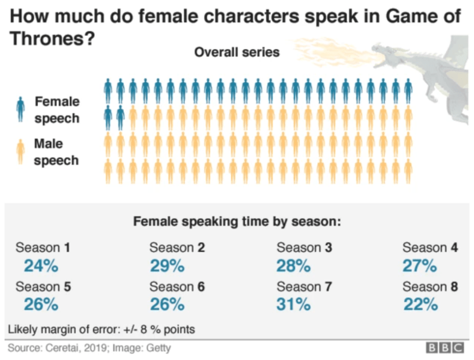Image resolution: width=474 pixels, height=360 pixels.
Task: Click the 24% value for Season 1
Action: point(41,266)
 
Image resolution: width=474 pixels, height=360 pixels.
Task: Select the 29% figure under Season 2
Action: point(167,266)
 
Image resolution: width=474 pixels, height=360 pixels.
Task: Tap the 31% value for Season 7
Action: point(294,305)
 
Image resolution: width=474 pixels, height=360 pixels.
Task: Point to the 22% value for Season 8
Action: point(420,305)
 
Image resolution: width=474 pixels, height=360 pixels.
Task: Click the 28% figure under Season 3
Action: point(294,266)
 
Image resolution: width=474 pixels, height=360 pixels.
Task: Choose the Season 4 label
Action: point(430,247)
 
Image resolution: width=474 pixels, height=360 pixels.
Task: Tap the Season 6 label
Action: point(177,286)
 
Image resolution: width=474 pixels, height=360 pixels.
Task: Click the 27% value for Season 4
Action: point(420,266)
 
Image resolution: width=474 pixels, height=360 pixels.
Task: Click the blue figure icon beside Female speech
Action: point(20,109)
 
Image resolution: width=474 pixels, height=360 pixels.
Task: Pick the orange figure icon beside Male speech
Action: point(20,151)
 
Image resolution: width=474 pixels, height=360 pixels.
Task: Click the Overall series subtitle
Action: point(237,52)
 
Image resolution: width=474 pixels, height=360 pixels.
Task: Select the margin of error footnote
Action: point(101,329)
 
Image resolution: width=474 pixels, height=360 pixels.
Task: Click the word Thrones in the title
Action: point(42,39)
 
